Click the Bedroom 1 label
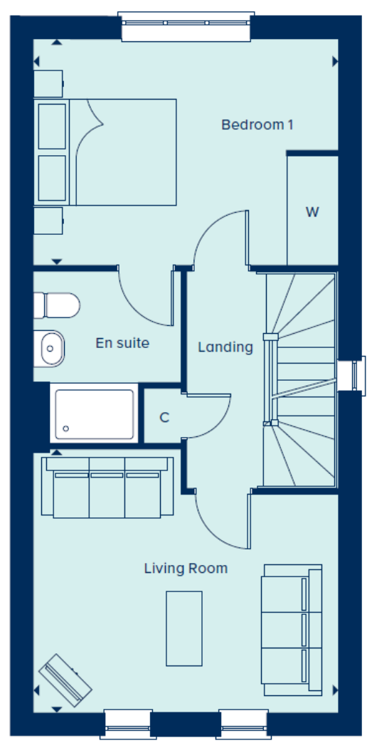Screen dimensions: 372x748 click(257, 125)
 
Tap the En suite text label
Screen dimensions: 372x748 click(122, 343)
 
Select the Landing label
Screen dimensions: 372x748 click(225, 347)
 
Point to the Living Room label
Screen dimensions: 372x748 click(186, 569)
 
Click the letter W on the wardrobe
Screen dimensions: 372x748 click(312, 212)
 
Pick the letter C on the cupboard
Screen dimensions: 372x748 click(164, 418)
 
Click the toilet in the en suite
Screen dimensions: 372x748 click(56, 306)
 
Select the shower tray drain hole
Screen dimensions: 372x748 click(66, 428)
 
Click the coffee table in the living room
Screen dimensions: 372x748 click(184, 628)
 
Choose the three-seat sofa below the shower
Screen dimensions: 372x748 click(107, 488)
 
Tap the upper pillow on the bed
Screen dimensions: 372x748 click(52, 127)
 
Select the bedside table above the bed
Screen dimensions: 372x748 click(48, 84)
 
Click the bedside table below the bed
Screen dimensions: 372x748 click(48, 221)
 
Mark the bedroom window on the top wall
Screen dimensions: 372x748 click(186, 26)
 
